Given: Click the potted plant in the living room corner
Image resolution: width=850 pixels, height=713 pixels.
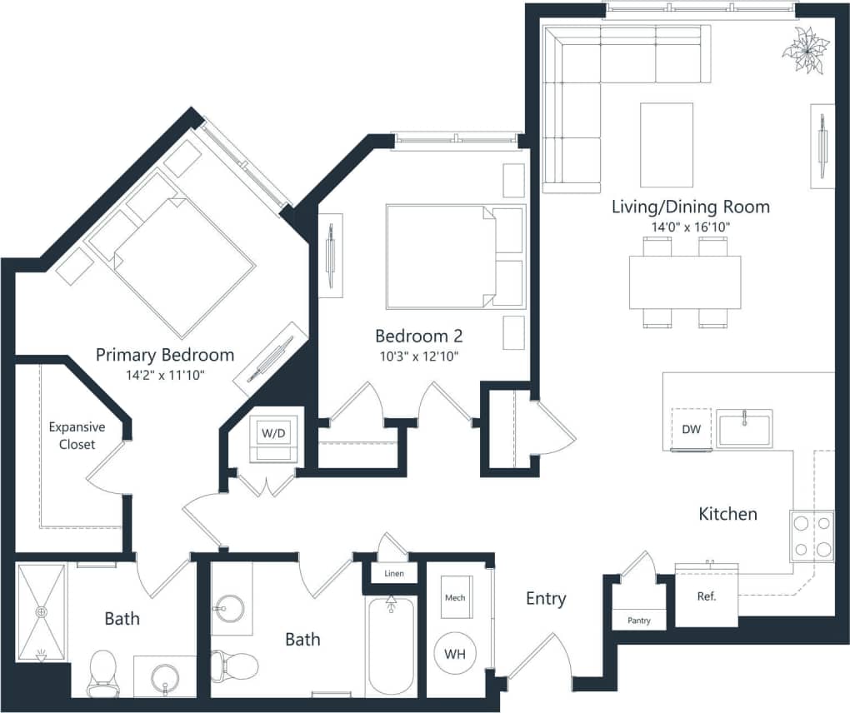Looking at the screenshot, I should click(x=806, y=50).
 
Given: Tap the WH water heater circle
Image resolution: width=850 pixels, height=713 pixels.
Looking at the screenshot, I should click(x=454, y=654).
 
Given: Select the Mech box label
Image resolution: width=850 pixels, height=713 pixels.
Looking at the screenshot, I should click(x=455, y=598).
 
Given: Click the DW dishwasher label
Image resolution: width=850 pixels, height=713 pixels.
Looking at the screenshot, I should click(x=691, y=429).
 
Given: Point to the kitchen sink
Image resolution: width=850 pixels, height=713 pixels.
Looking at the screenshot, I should click(x=744, y=428).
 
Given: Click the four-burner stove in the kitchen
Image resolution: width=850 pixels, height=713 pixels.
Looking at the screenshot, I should click(x=812, y=536).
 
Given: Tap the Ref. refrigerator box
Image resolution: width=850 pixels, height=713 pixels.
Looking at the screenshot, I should click(x=706, y=596).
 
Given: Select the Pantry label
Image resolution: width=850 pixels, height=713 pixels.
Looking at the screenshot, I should click(x=639, y=621).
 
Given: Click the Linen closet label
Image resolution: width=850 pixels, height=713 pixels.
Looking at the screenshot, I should click(x=394, y=575).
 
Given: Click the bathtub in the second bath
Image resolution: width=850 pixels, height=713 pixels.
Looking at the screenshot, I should click(x=391, y=646).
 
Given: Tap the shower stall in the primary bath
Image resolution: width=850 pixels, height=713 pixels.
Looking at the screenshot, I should click(x=41, y=612).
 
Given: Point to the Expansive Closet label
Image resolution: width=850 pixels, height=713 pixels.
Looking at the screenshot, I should click(x=77, y=436).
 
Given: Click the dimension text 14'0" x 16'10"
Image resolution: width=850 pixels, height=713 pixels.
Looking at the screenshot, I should click(x=690, y=227).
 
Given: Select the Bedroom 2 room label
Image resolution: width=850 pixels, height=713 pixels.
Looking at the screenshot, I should click(x=418, y=337).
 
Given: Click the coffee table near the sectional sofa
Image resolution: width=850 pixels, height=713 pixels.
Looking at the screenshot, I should click(x=666, y=145).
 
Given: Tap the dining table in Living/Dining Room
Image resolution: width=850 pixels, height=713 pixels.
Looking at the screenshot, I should click(x=685, y=282).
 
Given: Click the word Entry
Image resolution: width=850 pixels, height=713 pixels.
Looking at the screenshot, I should click(x=546, y=598).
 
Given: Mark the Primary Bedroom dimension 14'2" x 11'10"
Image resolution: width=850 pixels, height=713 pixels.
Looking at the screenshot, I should click(x=164, y=376).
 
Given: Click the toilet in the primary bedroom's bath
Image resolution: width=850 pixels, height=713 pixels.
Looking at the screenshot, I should click(x=103, y=671).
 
